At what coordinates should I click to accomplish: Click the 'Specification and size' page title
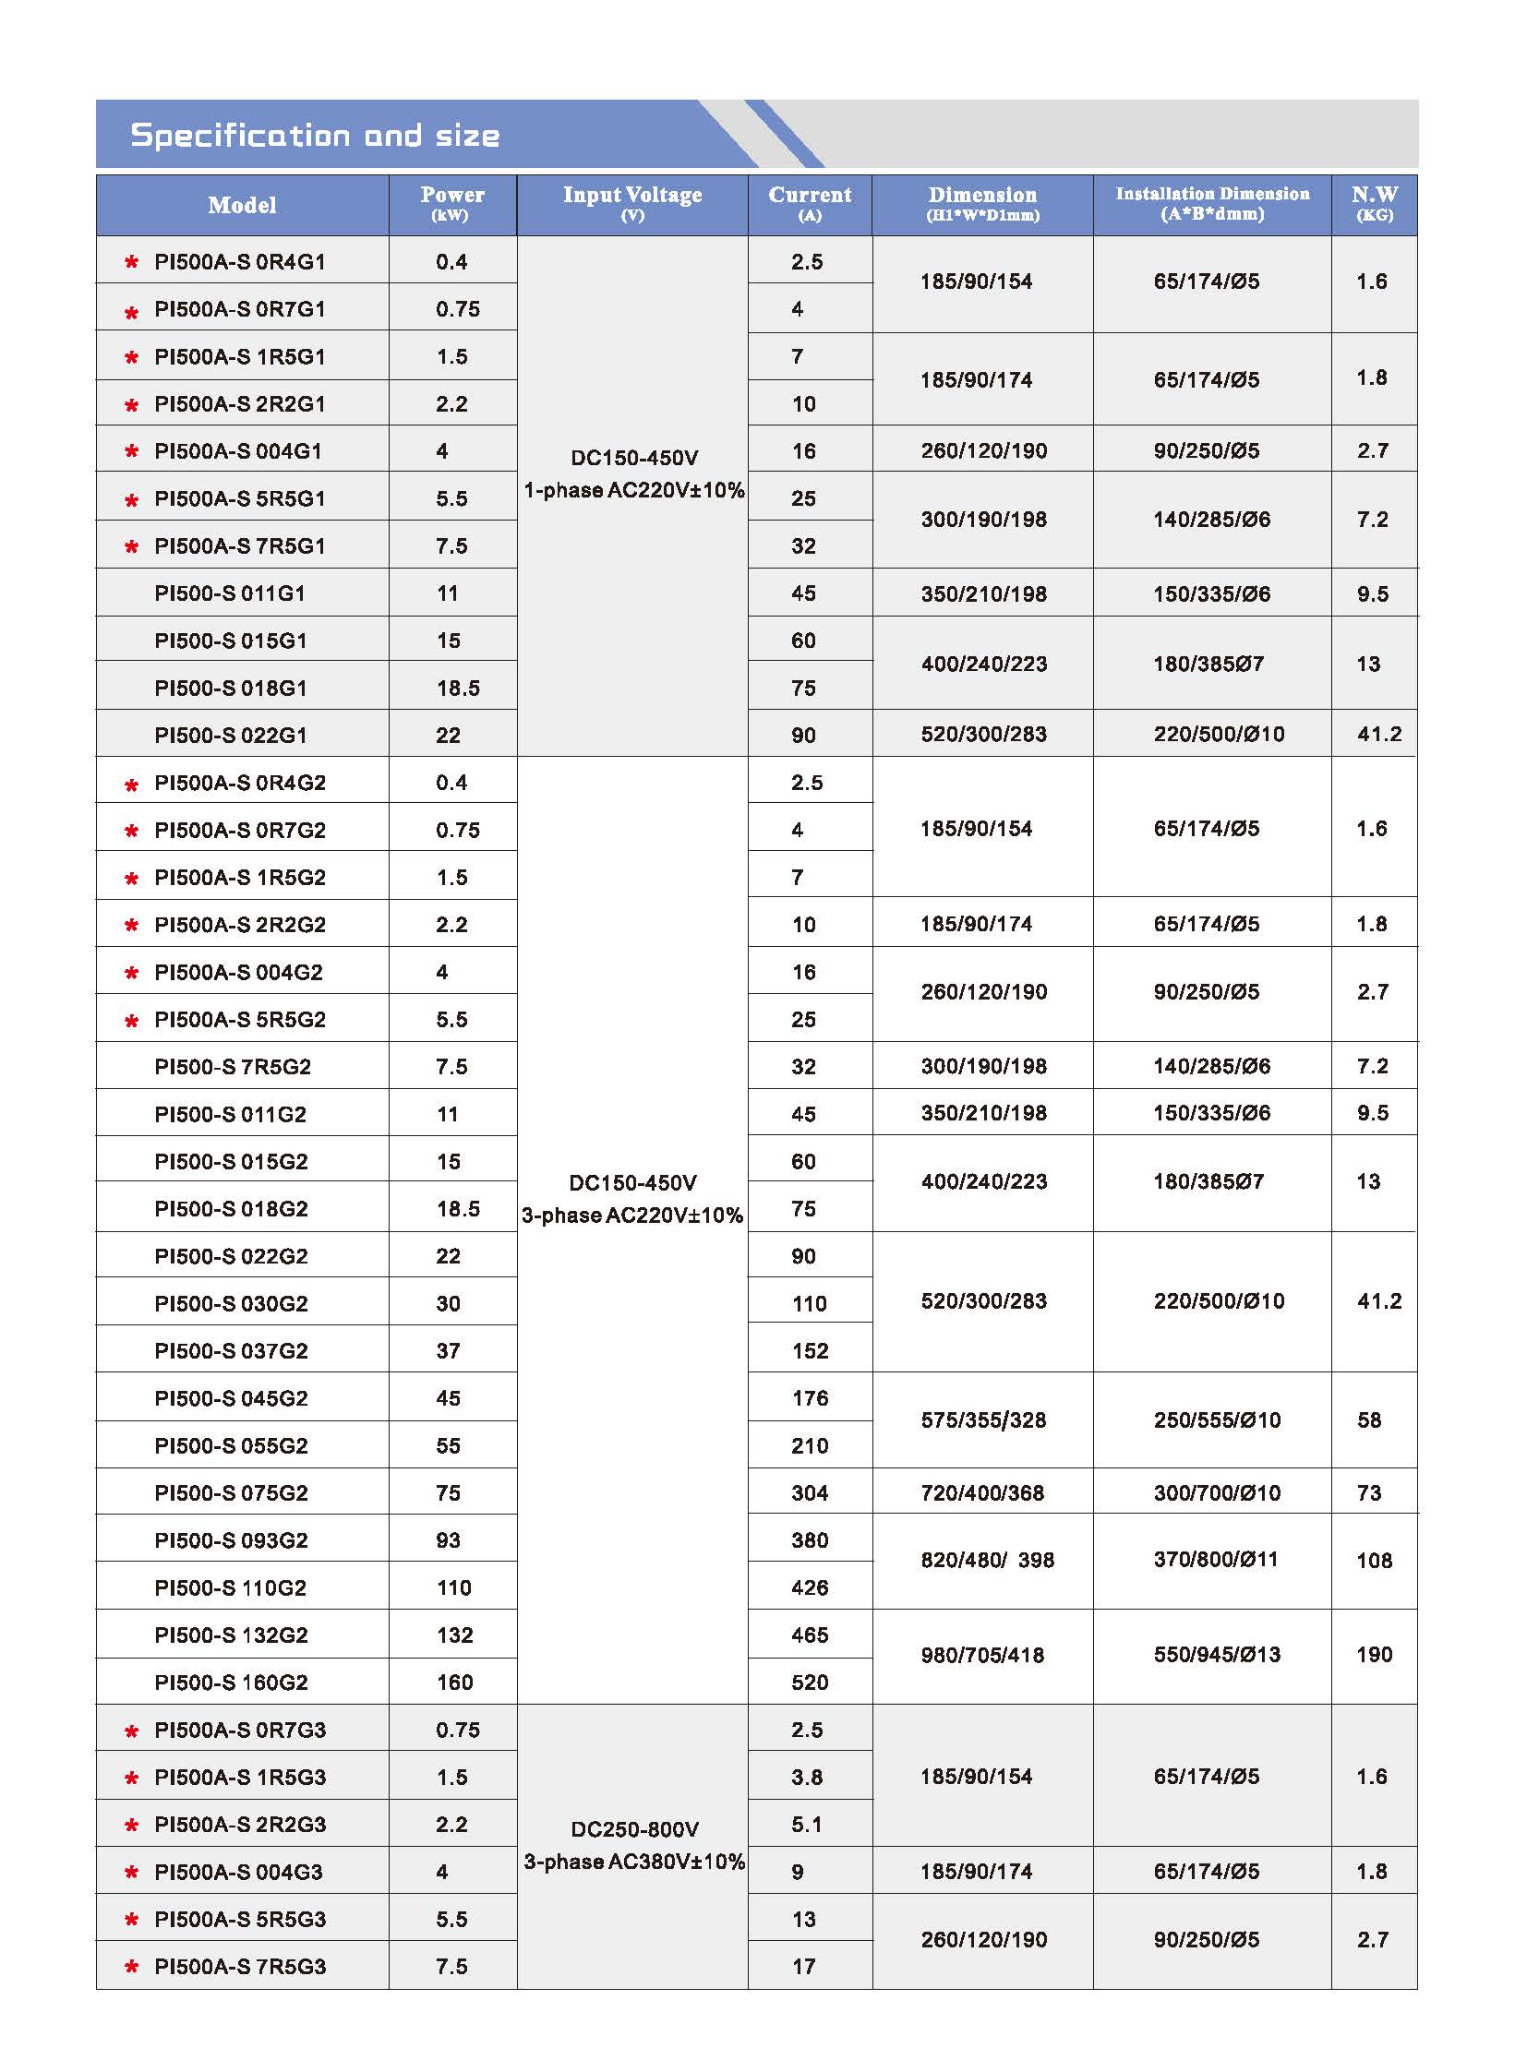[314, 136]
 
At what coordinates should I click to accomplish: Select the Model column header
[242, 205]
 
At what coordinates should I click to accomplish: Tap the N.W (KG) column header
[1374, 204]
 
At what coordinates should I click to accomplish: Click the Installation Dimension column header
[1212, 204]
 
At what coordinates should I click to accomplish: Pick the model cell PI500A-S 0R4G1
[239, 261]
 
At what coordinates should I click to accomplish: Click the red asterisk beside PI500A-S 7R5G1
[131, 547]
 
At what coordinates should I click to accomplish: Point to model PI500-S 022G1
[230, 735]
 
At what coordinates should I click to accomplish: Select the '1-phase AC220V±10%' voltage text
[633, 490]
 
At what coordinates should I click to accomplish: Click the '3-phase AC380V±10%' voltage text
[633, 1862]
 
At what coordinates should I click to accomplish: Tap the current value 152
[810, 1350]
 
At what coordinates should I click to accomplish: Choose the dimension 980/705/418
[982, 1654]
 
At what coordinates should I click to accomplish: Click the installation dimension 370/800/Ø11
[1216, 1559]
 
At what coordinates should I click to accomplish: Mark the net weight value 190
[1374, 1654]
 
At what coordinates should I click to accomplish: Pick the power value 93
[450, 1539]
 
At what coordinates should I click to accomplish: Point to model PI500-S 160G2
[231, 1682]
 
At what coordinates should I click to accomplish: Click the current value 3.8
[806, 1778]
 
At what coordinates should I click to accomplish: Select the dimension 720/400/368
[982, 1492]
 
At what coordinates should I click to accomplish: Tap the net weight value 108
[1374, 1560]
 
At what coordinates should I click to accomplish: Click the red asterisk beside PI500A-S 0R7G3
[131, 1731]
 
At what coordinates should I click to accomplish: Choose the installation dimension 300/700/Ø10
[1217, 1492]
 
